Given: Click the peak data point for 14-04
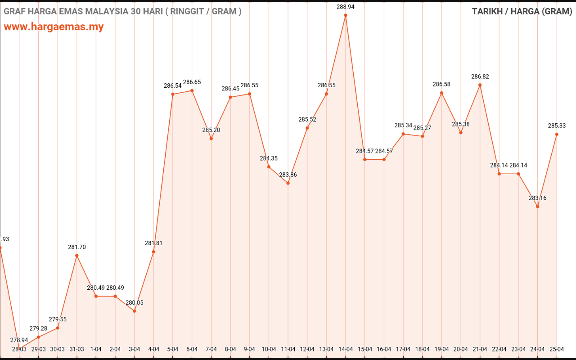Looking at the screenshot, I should [346, 15].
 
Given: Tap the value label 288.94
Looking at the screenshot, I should [346, 7].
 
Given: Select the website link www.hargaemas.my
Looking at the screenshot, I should [54, 27].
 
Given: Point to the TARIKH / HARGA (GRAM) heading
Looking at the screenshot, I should [522, 11].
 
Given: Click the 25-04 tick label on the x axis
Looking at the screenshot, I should [557, 349].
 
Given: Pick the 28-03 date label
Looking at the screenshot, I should [19, 349].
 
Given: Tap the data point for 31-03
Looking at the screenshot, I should [77, 256].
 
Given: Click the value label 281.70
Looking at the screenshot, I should [77, 247].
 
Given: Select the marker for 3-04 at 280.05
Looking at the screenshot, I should [135, 311].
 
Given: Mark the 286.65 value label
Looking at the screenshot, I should [192, 82].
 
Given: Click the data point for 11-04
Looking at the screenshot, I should [288, 183].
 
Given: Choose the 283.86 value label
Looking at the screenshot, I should [288, 175].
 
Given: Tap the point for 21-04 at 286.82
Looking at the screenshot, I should [480, 85].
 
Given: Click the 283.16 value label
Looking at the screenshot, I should [538, 198].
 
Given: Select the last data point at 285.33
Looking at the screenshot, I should [557, 134].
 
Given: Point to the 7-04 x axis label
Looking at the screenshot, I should [211, 349].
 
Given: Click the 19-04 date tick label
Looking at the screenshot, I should [441, 349].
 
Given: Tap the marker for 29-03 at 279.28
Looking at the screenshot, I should [38, 337].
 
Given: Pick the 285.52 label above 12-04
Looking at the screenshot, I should [307, 119].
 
